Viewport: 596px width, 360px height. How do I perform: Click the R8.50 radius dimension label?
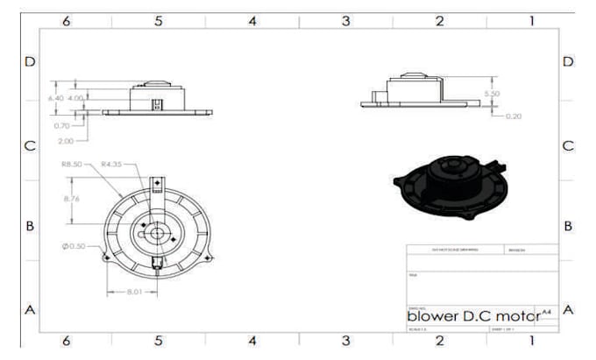click(71, 163)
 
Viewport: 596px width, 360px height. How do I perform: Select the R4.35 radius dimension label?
click(111, 163)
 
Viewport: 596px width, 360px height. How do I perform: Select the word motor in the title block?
click(517, 314)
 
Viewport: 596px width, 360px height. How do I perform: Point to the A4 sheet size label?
click(547, 310)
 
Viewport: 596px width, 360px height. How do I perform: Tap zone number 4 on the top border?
click(252, 20)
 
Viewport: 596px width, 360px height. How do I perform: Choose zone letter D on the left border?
click(30, 62)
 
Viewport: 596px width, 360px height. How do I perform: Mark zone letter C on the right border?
click(567, 145)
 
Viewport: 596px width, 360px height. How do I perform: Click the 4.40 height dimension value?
click(55, 98)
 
